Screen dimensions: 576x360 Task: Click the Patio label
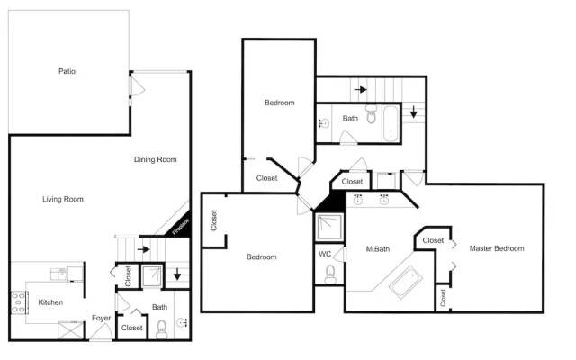(67, 71)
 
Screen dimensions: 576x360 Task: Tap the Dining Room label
(155, 159)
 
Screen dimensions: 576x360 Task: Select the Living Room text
(63, 199)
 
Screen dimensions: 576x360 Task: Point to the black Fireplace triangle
(181, 225)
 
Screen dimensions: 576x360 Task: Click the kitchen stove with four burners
(19, 302)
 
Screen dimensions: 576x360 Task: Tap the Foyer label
(101, 318)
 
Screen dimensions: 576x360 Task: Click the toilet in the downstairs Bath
(161, 328)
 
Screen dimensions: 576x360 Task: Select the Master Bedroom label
(497, 248)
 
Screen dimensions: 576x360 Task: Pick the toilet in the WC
(330, 274)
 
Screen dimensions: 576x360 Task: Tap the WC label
(325, 254)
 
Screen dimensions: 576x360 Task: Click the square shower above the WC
(330, 227)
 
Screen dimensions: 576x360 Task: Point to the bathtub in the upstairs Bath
(390, 124)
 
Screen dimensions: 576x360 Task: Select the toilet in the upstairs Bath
(372, 114)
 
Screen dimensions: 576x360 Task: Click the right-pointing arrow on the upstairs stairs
(361, 89)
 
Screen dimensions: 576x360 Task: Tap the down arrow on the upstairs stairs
(414, 112)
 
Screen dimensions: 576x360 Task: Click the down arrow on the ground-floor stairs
(177, 274)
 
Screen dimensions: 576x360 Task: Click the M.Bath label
(378, 249)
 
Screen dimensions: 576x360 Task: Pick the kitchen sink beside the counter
(58, 274)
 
